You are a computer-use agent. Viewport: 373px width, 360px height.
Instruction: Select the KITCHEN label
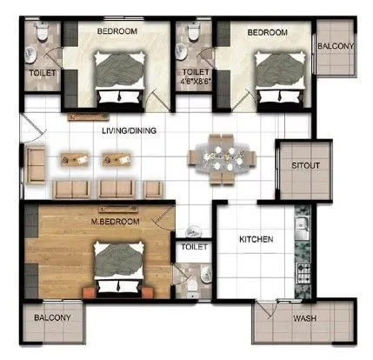click(x=256, y=238)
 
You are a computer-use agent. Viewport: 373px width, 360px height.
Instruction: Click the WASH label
click(x=303, y=319)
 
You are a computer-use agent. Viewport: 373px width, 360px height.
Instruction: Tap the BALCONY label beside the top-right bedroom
click(x=334, y=46)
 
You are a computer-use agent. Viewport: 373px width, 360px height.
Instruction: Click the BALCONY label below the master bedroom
click(x=52, y=318)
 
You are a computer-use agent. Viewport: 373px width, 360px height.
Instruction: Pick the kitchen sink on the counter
click(x=305, y=231)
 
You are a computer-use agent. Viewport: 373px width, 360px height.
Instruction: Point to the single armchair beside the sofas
click(x=154, y=187)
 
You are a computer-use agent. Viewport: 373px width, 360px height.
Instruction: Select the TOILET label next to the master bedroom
click(x=193, y=248)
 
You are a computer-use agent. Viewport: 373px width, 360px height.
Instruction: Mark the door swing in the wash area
click(x=264, y=313)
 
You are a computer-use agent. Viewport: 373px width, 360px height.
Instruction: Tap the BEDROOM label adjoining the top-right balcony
click(x=267, y=32)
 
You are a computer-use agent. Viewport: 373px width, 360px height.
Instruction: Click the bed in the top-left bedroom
click(x=116, y=77)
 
